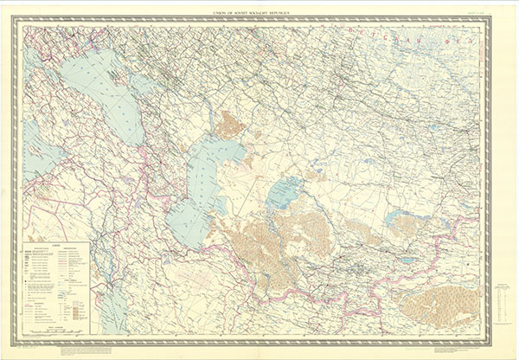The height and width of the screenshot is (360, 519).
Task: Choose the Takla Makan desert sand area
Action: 437,303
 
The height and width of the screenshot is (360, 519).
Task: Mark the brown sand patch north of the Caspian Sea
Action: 229,125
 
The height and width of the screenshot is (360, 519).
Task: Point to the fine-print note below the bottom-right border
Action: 432,350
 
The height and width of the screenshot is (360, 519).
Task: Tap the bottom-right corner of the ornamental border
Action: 490,343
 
